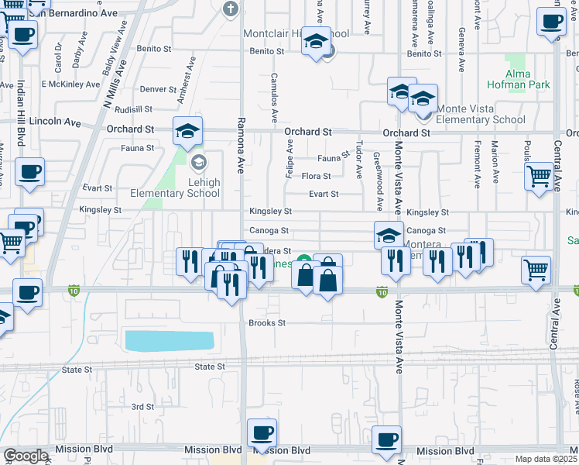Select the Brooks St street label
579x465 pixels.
tap(267, 322)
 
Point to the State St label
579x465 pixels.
tap(209, 366)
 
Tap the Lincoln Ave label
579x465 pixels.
tap(55, 122)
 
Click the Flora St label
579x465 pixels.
tap(316, 176)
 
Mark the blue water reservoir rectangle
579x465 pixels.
tap(169, 340)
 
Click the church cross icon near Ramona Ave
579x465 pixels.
tap(229, 9)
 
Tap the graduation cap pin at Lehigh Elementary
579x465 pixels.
tap(187, 133)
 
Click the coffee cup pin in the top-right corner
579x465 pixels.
tap(551, 23)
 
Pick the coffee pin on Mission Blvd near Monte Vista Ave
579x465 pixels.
tap(386, 439)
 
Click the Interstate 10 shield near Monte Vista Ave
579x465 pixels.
tap(382, 292)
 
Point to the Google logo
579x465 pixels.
tap(26, 456)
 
